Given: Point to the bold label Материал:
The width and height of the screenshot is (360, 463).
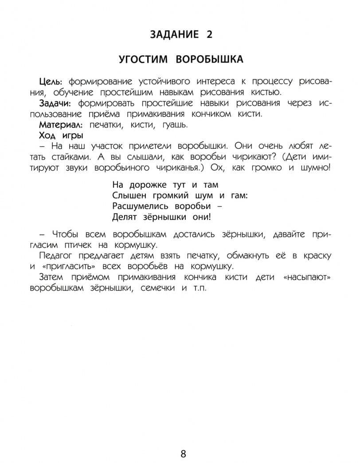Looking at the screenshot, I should [62, 125].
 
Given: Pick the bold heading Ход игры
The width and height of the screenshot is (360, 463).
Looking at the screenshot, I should [61, 135].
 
